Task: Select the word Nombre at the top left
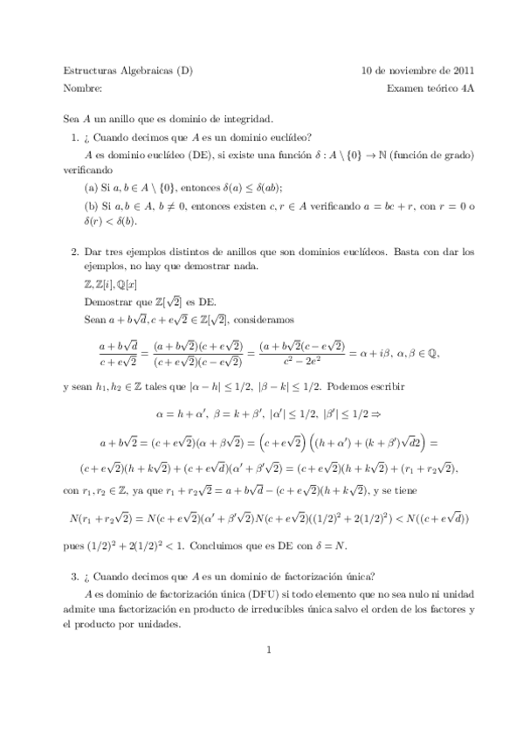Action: (x=83, y=88)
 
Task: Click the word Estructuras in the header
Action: (x=93, y=70)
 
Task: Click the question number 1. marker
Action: (x=74, y=137)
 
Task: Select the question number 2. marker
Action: (x=74, y=251)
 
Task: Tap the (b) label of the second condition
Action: (x=92, y=205)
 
